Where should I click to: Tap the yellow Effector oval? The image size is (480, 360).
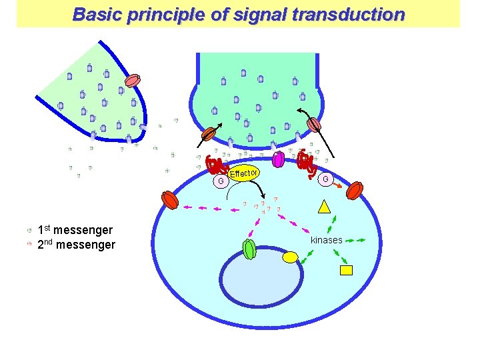point(244,175)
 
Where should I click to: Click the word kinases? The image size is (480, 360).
point(326,240)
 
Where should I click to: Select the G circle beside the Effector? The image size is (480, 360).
point(220,181)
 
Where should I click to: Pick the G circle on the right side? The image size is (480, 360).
point(325,179)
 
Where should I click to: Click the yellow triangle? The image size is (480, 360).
point(325,207)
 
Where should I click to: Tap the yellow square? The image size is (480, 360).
point(346,270)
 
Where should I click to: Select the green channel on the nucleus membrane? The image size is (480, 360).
point(249,249)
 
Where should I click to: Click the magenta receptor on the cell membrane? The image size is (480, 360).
point(279,159)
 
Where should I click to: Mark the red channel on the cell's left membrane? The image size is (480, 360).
point(170,199)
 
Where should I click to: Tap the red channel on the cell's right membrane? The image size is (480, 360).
point(355,191)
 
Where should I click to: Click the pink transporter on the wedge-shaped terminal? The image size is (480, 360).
point(133,81)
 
